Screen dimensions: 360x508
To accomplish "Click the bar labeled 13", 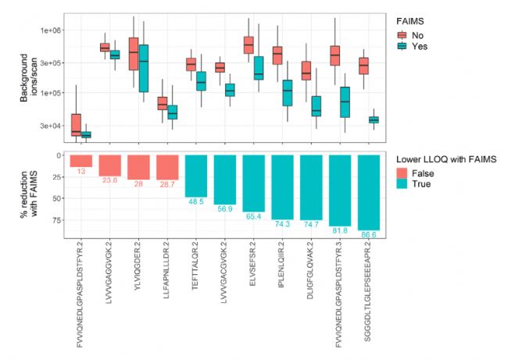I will coord(81,160).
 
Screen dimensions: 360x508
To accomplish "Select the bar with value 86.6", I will coord(368,191).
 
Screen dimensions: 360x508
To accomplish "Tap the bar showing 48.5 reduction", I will coord(196,175).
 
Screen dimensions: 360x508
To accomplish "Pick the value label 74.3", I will coord(282,224).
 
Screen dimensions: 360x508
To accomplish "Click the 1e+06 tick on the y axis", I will coord(51,30).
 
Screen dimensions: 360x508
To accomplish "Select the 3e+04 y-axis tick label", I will coord(51,126).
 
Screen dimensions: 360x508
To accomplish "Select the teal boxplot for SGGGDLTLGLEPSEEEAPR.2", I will coord(373,119).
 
